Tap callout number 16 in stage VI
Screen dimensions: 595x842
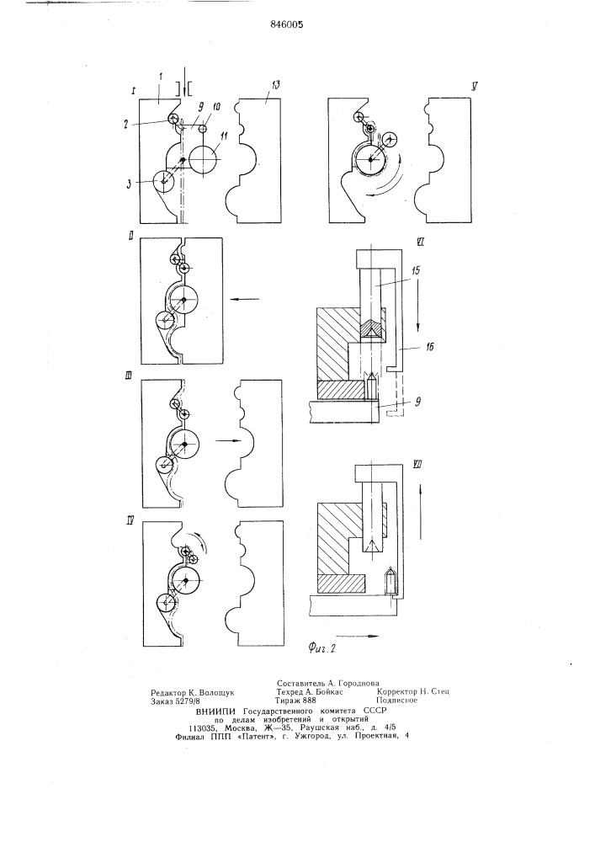pyautogui.click(x=428, y=347)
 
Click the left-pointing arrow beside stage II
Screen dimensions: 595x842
pyautogui.click(x=244, y=299)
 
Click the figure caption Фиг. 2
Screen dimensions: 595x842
pyautogui.click(x=322, y=648)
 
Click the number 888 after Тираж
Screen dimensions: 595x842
pyautogui.click(x=310, y=701)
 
